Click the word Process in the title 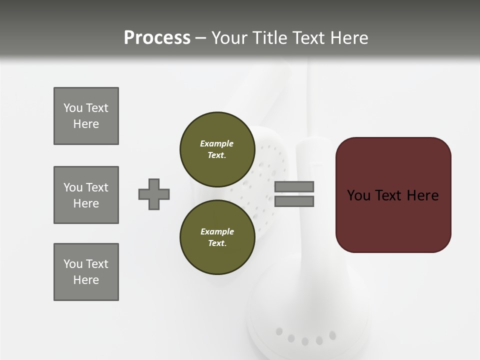click(x=157, y=38)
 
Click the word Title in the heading click(x=270, y=38)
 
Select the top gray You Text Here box click(x=86, y=116)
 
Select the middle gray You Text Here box click(x=86, y=195)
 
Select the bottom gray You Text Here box click(x=86, y=272)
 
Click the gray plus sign click(x=154, y=194)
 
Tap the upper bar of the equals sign click(x=294, y=186)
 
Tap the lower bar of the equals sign click(x=294, y=201)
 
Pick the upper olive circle click(x=217, y=149)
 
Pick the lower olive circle click(x=217, y=237)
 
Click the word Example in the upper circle click(x=217, y=143)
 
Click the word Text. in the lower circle click(x=217, y=243)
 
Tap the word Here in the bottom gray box click(x=86, y=280)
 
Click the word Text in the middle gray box click(x=97, y=187)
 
